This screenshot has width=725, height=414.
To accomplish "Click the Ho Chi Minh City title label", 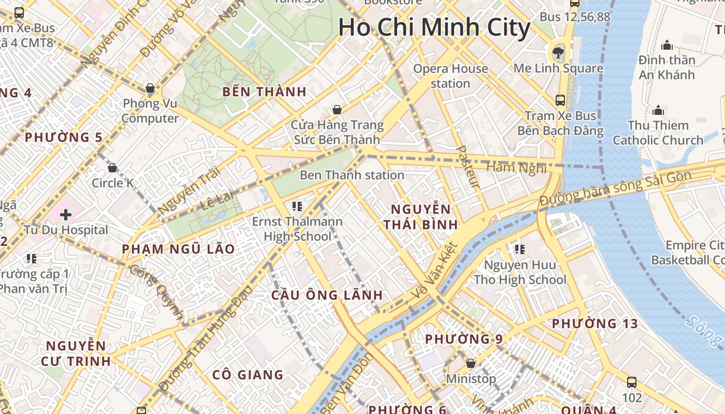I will click(434, 27).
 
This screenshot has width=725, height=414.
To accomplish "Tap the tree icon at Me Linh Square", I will click(558, 52).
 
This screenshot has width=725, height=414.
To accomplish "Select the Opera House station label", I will click(450, 76).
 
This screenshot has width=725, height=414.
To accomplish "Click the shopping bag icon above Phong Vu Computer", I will click(150, 88).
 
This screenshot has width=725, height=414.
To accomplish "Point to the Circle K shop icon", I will click(112, 168).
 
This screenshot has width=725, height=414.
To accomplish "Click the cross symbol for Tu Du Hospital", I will click(66, 214).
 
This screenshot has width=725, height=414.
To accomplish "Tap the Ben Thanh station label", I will click(352, 175).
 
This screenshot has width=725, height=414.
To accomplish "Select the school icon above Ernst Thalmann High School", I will click(297, 206).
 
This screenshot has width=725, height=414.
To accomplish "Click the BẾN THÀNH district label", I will click(264, 92).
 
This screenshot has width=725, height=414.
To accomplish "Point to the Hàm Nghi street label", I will click(516, 167).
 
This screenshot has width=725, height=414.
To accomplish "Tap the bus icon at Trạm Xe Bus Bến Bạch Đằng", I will click(560, 100).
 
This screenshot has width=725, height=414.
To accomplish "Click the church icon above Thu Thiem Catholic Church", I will click(658, 110).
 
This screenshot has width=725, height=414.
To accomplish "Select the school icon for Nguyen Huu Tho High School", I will click(520, 249).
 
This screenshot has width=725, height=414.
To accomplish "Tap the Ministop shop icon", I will click(471, 363).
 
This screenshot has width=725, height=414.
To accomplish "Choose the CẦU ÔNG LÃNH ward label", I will click(327, 295).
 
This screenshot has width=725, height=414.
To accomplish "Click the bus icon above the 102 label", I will click(631, 382).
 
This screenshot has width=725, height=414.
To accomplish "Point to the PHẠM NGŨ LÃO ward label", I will click(178, 249).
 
